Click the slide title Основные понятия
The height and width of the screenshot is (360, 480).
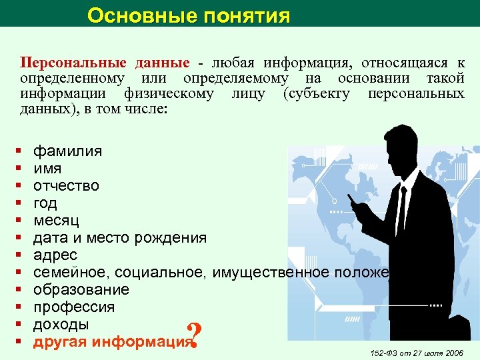pos(189,15)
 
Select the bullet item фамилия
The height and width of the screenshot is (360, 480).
pos(67,151)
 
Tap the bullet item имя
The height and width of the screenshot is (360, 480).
pos(48,168)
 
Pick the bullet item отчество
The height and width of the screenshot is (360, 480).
pos(66,185)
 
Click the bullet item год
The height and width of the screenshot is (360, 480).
pos(45,203)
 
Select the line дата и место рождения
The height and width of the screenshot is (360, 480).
pos(119,237)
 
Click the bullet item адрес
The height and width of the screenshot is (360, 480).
pos(55,255)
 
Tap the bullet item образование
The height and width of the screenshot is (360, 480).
pos(81,289)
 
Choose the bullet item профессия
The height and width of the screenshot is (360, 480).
pos(73,307)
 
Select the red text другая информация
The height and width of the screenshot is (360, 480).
pos(111,342)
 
